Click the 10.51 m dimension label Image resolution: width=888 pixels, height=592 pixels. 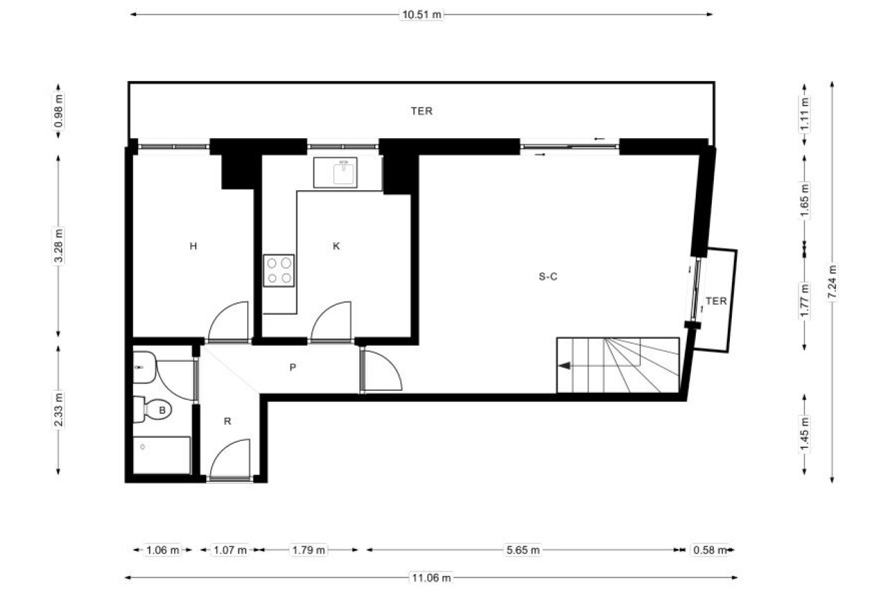[422, 15]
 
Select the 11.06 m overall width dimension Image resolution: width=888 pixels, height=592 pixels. [431, 577]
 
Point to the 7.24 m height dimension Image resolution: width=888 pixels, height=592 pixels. [832, 282]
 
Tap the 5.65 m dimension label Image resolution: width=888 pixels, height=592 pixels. [523, 550]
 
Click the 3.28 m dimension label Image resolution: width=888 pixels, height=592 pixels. [59, 246]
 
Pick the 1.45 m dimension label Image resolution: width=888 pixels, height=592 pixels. [804, 434]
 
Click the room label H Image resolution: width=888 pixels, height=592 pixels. [193, 246]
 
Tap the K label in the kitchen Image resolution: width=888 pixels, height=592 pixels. [336, 246]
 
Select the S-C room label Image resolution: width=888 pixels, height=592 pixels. [548, 277]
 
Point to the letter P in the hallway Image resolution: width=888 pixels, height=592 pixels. [293, 368]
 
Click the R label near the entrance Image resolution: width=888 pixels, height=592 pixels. [227, 421]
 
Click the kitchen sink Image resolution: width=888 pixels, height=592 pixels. [335, 173]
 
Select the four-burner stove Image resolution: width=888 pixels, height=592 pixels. [279, 271]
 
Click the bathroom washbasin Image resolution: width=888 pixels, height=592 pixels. [144, 367]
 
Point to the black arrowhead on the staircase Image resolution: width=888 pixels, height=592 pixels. [565, 365]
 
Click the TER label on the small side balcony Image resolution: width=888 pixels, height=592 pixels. [717, 301]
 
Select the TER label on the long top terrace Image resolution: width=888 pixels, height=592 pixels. [421, 112]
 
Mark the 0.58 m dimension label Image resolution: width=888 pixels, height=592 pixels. [710, 550]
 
